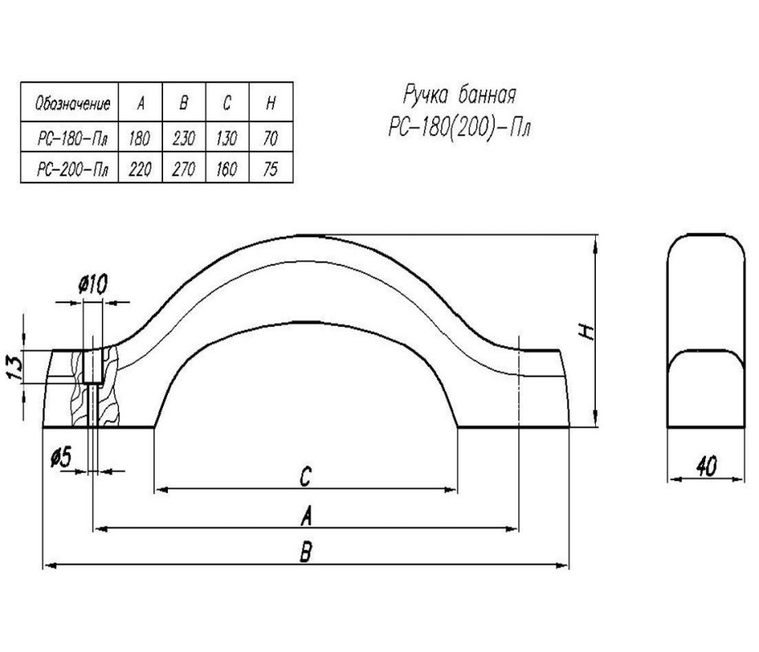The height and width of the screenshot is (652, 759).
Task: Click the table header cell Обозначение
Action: click(x=69, y=103)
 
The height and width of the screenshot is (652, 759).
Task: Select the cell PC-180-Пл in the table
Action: click(x=69, y=139)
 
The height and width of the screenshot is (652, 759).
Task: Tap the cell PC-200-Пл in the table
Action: click(x=69, y=170)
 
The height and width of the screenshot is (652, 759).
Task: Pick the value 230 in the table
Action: click(x=183, y=139)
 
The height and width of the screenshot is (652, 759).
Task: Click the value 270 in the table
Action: click(x=183, y=170)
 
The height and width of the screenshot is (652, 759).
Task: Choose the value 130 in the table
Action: click(x=226, y=139)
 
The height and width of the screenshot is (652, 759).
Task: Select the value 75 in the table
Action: click(x=270, y=170)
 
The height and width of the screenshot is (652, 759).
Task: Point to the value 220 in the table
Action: click(x=139, y=170)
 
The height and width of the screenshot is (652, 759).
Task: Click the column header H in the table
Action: click(x=270, y=103)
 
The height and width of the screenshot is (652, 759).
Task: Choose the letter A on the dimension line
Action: click(x=306, y=516)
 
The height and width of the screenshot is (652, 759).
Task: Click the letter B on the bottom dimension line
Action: click(x=306, y=554)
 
